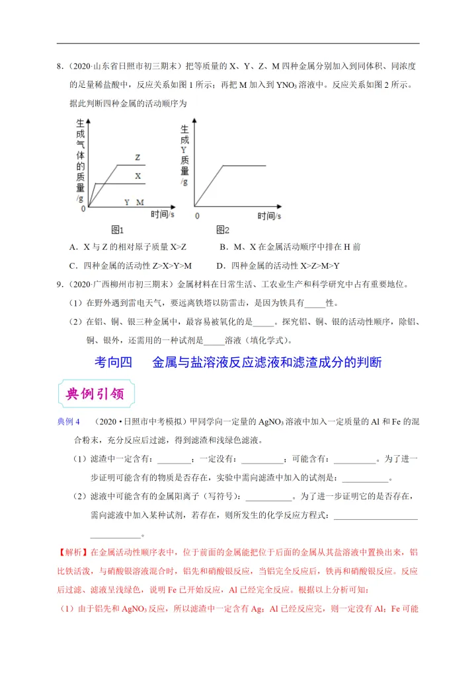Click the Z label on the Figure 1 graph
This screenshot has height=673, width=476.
[x=138, y=158]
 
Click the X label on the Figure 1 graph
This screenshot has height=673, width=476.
[x=138, y=176]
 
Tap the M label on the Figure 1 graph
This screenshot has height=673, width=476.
[x=140, y=202]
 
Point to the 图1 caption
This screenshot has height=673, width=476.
[x=117, y=230]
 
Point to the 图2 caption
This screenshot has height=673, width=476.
[x=222, y=230]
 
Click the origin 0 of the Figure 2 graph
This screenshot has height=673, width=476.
[x=196, y=215]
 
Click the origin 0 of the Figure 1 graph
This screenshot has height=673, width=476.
[x=83, y=209]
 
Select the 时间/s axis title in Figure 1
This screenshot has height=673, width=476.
[x=162, y=213]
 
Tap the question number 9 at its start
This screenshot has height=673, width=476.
[x=59, y=285]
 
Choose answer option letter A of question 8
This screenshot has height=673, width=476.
[x=72, y=247]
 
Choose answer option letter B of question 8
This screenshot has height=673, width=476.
[x=223, y=247]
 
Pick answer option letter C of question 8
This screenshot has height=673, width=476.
[x=72, y=266]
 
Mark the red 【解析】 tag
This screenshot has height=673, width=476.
[x=73, y=551]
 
